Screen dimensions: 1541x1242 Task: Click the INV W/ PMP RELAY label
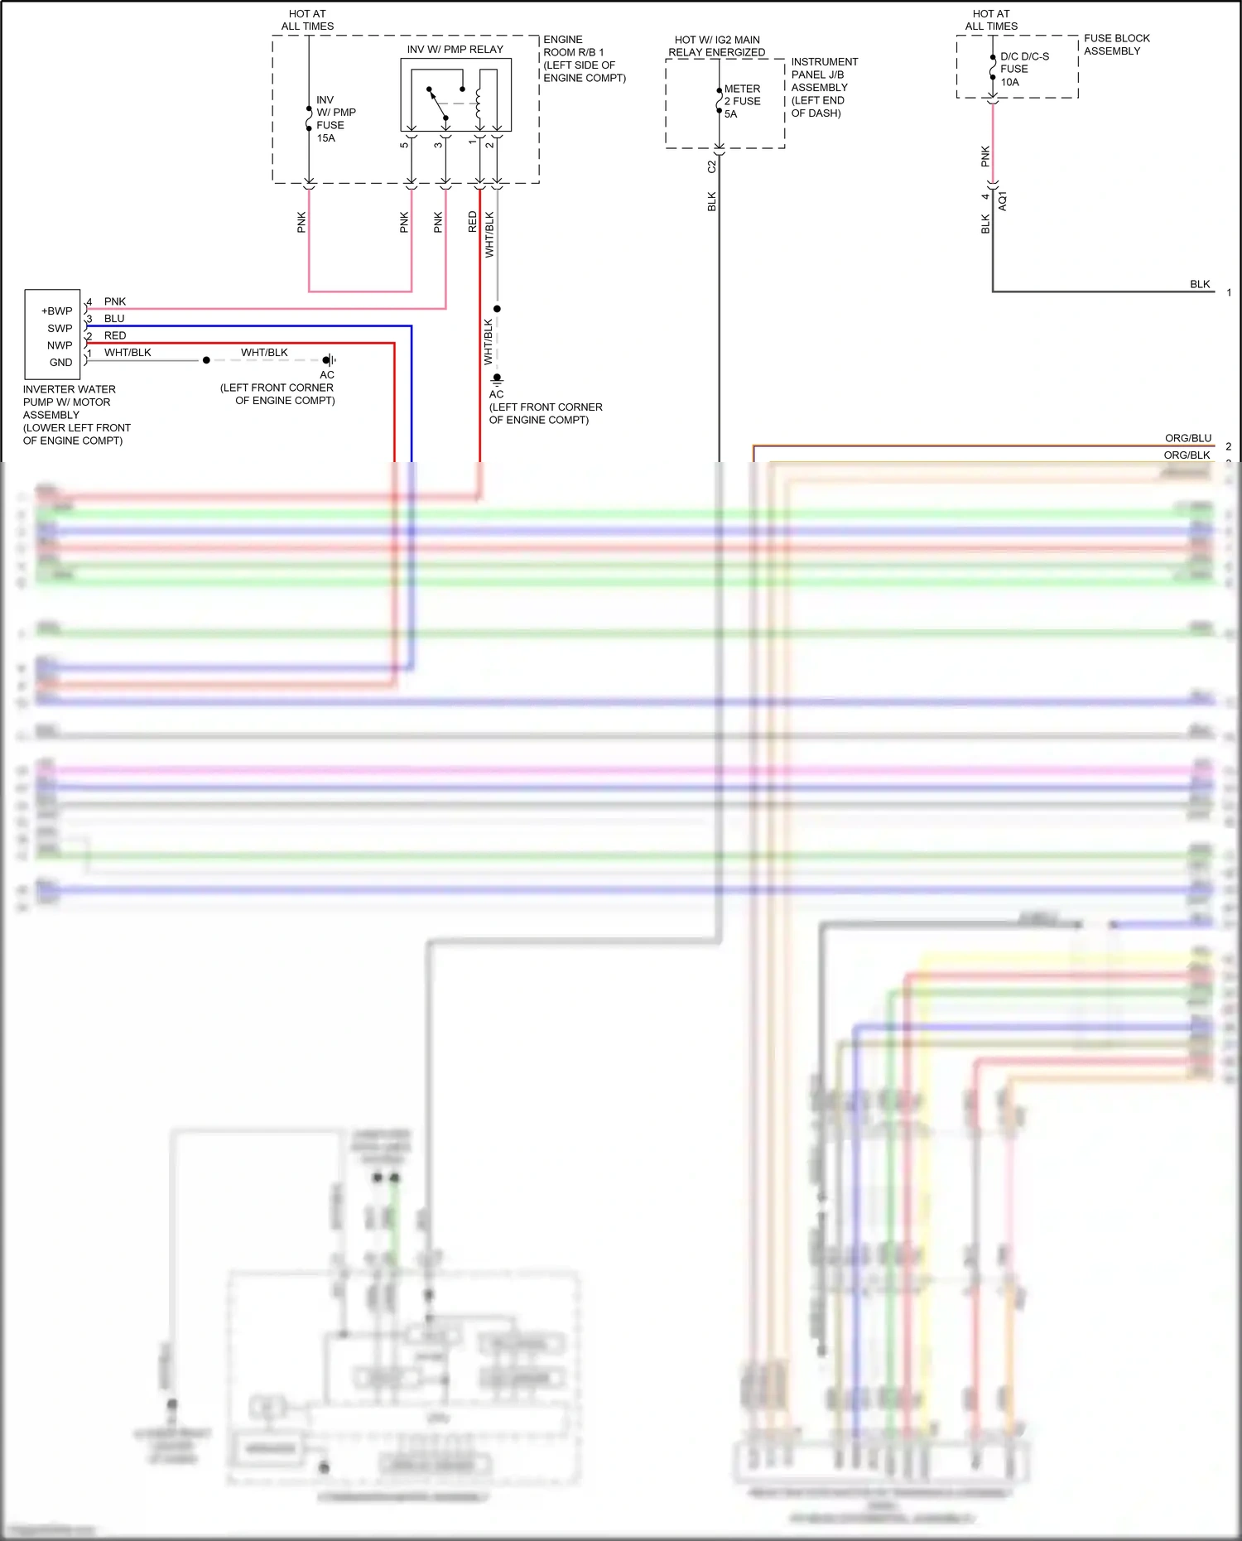point(455,50)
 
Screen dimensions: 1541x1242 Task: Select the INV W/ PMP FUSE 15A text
point(335,118)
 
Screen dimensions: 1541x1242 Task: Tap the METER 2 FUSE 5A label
point(742,101)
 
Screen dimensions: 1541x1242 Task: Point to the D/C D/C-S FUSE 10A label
point(1023,69)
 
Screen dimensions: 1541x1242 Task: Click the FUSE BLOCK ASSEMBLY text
point(1116,45)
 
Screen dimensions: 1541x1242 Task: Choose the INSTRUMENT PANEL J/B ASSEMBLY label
point(824,87)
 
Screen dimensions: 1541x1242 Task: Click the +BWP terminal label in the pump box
point(57,311)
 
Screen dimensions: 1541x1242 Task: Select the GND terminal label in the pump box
point(60,363)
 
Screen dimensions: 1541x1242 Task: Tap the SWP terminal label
point(60,329)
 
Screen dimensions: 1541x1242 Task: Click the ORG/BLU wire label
point(1187,438)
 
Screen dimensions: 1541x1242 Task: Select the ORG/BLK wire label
point(1187,455)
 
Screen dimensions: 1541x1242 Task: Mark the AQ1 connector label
point(1003,200)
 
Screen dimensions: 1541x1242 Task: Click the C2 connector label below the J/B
point(711,166)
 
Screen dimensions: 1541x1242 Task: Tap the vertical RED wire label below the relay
point(473,221)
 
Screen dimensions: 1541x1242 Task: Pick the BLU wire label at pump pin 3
point(114,319)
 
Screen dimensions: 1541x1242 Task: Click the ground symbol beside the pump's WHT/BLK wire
point(329,360)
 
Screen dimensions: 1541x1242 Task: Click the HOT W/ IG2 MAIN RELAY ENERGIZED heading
point(717,46)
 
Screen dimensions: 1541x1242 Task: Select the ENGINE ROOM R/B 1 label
point(583,59)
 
